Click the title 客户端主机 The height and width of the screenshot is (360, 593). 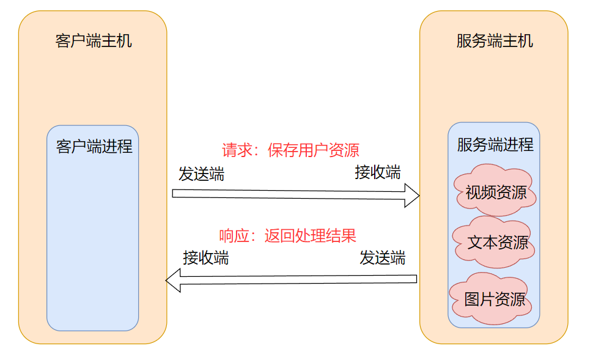[x=93, y=42]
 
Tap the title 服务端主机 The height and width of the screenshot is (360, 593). [x=494, y=42]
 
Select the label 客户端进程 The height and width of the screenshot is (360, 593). [x=94, y=147]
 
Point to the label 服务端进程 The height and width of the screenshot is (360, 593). [x=495, y=145]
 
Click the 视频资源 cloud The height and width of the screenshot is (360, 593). [x=495, y=192]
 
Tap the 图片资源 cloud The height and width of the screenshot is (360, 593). [x=494, y=299]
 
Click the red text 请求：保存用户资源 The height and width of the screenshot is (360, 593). [x=290, y=150]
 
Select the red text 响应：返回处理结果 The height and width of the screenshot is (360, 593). [x=287, y=236]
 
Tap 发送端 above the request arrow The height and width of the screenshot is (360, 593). [x=201, y=174]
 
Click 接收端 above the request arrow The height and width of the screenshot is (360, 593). [x=378, y=172]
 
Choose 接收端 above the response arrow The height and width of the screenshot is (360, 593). [x=206, y=258]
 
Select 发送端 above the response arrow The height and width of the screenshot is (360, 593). [x=382, y=258]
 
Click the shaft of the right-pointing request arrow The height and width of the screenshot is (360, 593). [x=287, y=194]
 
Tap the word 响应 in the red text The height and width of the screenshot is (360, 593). [x=231, y=236]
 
